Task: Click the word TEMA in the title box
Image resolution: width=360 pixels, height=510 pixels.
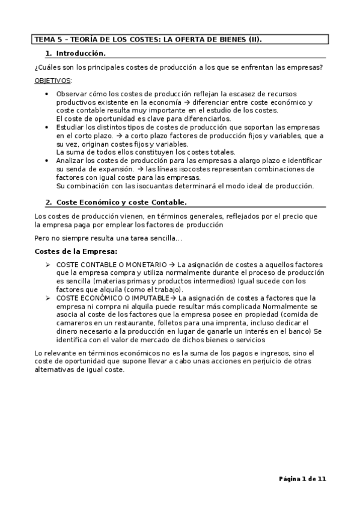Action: pos(44,40)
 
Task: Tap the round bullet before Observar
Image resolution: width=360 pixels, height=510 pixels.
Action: pos(47,94)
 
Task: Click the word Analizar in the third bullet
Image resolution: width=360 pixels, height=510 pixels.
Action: pos(71,161)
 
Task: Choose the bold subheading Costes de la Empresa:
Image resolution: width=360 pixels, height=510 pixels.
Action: pos(76,251)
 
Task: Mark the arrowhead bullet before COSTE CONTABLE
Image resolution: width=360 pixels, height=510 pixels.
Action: pos(48,265)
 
